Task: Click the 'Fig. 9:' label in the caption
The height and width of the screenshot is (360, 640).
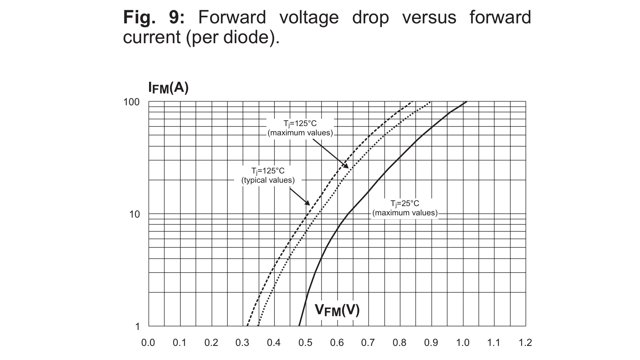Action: (x=154, y=17)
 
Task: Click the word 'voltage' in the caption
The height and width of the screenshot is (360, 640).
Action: (x=309, y=17)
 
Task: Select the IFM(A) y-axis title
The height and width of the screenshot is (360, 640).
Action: (x=168, y=88)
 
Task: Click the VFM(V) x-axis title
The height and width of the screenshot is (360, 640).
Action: (x=337, y=310)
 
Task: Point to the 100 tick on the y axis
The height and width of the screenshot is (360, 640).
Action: (x=131, y=102)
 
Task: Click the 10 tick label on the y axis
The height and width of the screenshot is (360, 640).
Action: (x=135, y=214)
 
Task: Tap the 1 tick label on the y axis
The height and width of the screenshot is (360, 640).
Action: (x=138, y=327)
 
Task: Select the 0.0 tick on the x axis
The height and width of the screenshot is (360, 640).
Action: (x=148, y=343)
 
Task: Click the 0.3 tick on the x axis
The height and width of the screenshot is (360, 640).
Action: (x=242, y=343)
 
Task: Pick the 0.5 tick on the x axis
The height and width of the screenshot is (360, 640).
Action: (x=305, y=343)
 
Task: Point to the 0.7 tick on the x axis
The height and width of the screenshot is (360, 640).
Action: (x=368, y=343)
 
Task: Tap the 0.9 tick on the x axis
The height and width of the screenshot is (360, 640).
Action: (x=431, y=343)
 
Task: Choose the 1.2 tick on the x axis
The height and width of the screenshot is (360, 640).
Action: (x=525, y=343)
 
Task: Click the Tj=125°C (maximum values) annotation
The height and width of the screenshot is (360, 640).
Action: (x=300, y=128)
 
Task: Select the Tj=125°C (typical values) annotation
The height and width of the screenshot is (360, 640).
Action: (x=268, y=176)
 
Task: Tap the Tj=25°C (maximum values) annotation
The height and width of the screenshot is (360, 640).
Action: (x=405, y=208)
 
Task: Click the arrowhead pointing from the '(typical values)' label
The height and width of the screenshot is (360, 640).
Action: (x=308, y=203)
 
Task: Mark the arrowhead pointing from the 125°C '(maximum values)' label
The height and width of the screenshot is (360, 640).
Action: (x=346, y=166)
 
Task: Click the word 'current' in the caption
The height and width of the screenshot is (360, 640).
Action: (x=152, y=37)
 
